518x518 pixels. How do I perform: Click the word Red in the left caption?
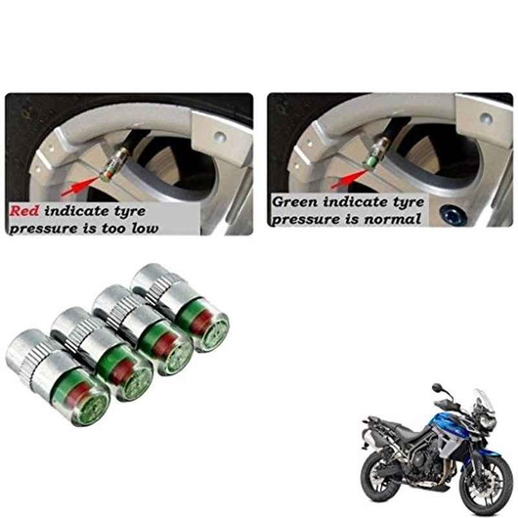pos(24,211)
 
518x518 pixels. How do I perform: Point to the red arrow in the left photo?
pos(80,186)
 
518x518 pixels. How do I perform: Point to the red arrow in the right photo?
pos(349,179)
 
